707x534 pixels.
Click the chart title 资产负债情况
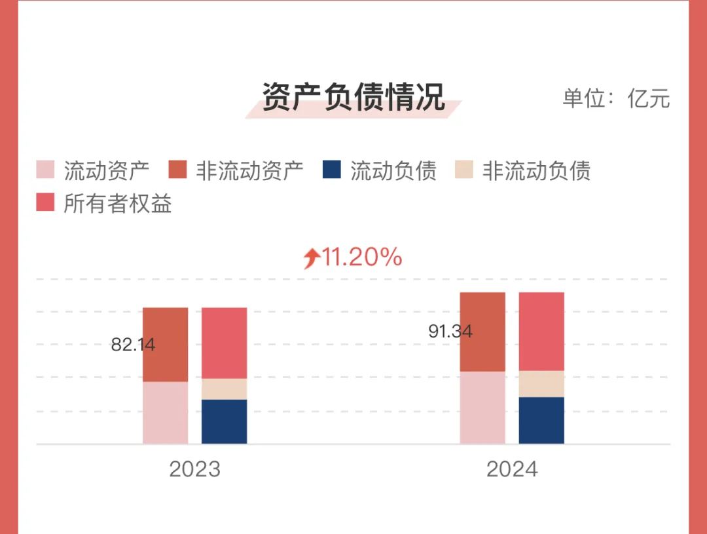click(353, 98)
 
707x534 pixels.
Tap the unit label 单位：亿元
click(616, 98)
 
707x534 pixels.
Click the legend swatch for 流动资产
click(45, 170)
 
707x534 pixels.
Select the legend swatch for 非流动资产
click(177, 170)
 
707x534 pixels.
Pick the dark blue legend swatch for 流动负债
click(332, 170)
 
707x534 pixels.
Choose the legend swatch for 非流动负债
click(464, 170)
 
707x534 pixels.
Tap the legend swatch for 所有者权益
click(45, 202)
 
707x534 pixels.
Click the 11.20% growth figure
click(362, 257)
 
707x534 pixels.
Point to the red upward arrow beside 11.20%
click(311, 258)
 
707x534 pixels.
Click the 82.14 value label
click(133, 345)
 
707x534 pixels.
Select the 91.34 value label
click(450, 332)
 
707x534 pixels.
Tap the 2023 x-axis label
click(194, 469)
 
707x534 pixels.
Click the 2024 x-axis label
click(512, 469)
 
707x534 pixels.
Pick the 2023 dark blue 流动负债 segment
click(224, 421)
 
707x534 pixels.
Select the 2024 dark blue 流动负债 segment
click(541, 420)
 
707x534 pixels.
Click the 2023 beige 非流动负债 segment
click(224, 389)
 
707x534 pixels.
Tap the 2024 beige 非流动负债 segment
click(541, 383)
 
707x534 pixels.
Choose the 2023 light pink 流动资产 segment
click(165, 412)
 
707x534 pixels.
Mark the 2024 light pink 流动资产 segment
click(482, 408)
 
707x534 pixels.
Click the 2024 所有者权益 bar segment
click(541, 331)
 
